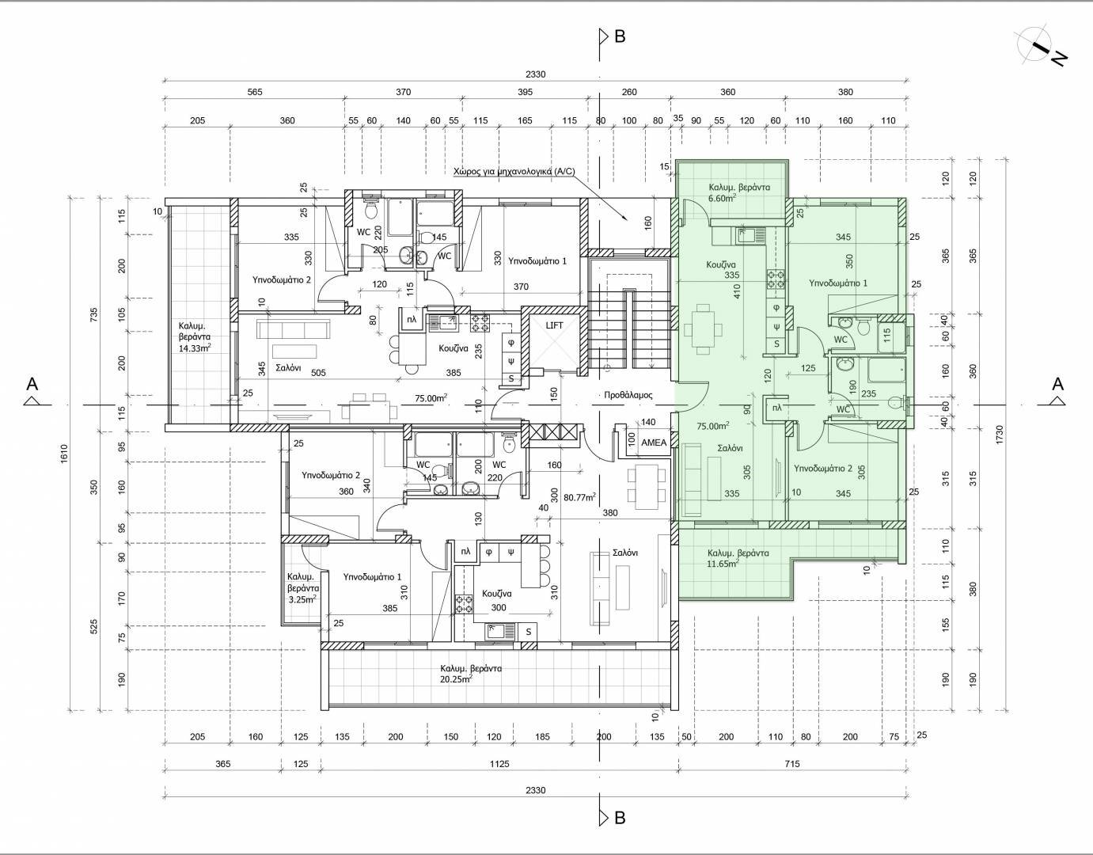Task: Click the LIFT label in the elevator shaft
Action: pos(554,325)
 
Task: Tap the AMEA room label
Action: pos(654,443)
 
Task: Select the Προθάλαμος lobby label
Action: pos(628,395)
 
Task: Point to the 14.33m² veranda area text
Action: pos(195,348)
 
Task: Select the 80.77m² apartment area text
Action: pos(579,497)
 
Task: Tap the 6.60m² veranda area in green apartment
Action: pos(723,198)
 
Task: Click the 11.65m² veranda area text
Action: pos(723,564)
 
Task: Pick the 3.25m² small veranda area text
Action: pos(302,599)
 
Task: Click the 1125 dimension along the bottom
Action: pos(499,764)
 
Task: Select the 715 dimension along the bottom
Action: pos(791,764)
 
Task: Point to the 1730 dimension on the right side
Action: pos(1000,435)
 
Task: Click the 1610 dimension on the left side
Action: pos(64,454)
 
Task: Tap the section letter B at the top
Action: pos(620,36)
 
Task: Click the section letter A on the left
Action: pos(32,384)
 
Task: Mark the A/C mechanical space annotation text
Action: pos(514,171)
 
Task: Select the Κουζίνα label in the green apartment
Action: pos(721,264)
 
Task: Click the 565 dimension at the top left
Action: pos(255,92)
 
